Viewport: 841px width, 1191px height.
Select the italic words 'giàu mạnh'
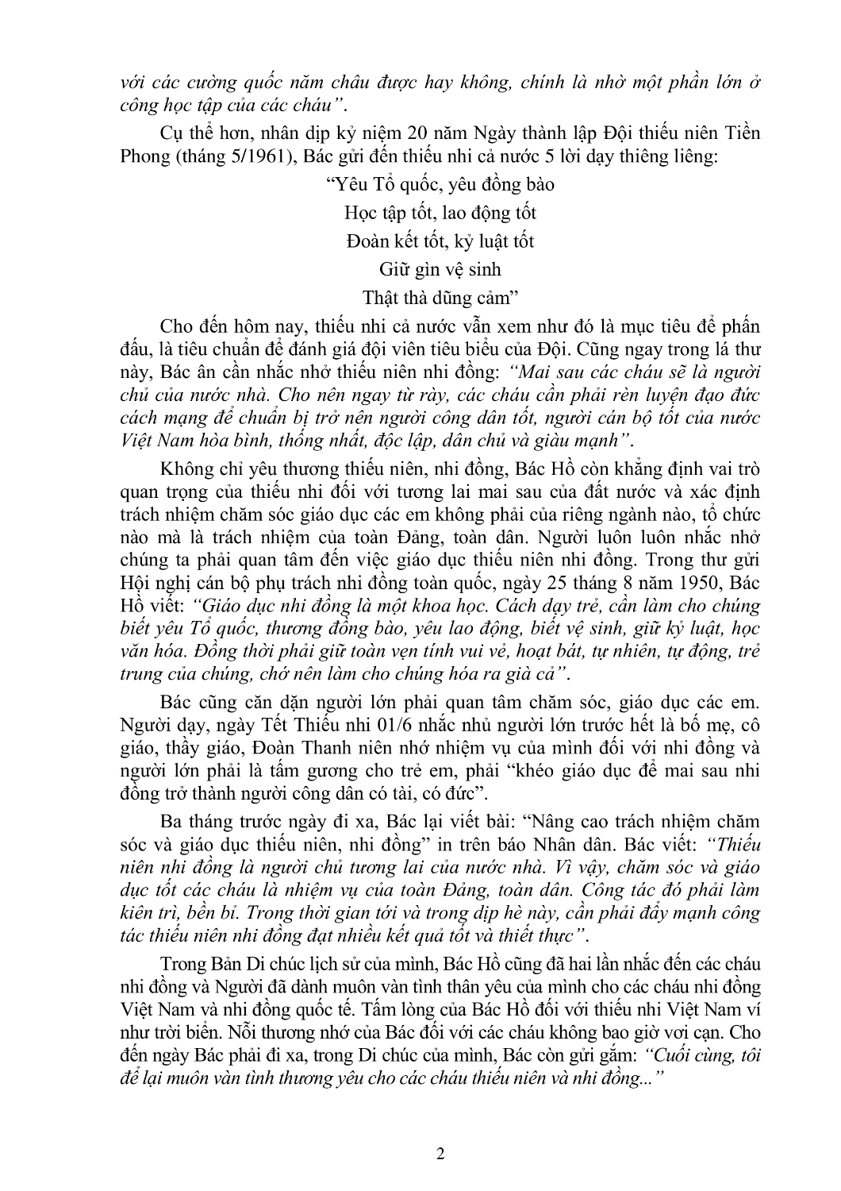pos(586,438)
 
